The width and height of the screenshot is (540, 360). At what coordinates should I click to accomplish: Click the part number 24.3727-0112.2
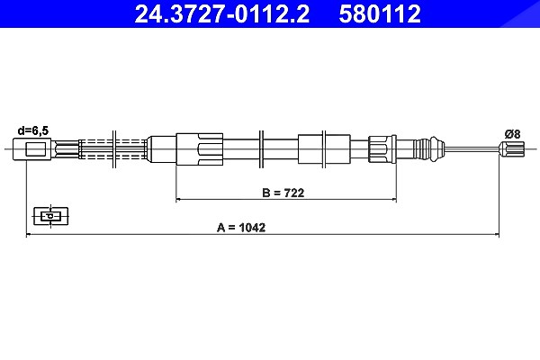point(222,13)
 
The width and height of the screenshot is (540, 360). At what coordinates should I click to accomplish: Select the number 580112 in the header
point(380,13)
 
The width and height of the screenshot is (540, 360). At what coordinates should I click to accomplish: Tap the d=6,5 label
point(33,130)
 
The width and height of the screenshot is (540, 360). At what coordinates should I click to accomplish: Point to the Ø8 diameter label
point(512,134)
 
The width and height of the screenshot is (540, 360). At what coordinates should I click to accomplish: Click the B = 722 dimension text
point(283,193)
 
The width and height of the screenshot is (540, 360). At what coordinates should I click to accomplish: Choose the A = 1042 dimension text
point(241,228)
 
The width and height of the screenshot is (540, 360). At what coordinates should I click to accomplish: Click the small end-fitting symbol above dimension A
point(50,216)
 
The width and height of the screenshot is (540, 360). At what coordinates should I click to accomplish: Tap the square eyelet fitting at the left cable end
point(32,149)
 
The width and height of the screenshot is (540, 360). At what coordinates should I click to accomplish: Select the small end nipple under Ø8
point(511,149)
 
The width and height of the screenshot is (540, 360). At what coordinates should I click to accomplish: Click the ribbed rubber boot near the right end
point(428,148)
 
